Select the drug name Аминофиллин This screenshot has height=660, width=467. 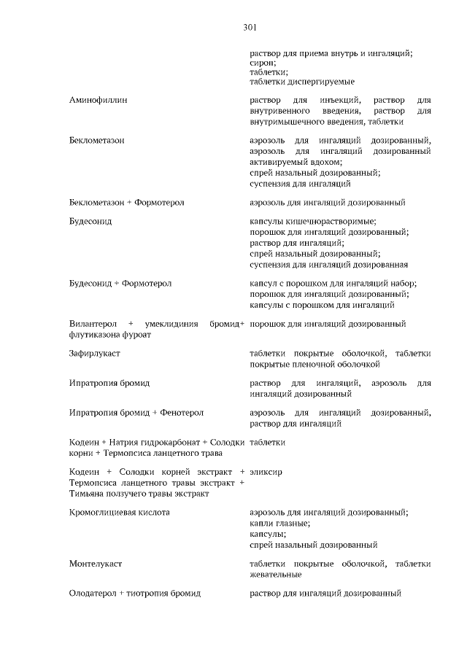click(x=99, y=99)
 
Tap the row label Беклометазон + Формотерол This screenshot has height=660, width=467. click(x=126, y=202)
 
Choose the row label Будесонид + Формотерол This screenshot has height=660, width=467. click(x=120, y=283)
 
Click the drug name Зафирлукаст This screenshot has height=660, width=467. click(x=95, y=353)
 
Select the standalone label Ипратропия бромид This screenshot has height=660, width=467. click(x=109, y=383)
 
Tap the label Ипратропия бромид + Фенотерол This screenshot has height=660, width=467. click(x=136, y=413)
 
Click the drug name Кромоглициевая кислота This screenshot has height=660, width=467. click(x=120, y=513)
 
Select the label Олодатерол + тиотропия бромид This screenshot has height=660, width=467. click(x=135, y=594)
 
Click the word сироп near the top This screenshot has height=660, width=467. click(x=263, y=63)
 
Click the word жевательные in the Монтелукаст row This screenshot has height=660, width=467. click(x=274, y=575)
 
